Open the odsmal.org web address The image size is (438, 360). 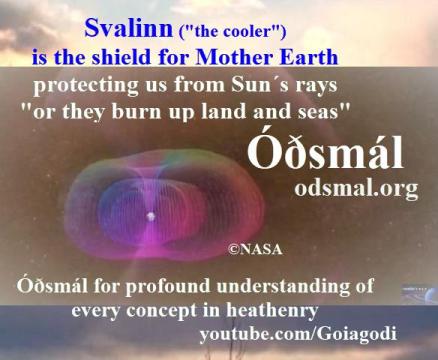[342, 190]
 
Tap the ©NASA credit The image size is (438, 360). [254, 242]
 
